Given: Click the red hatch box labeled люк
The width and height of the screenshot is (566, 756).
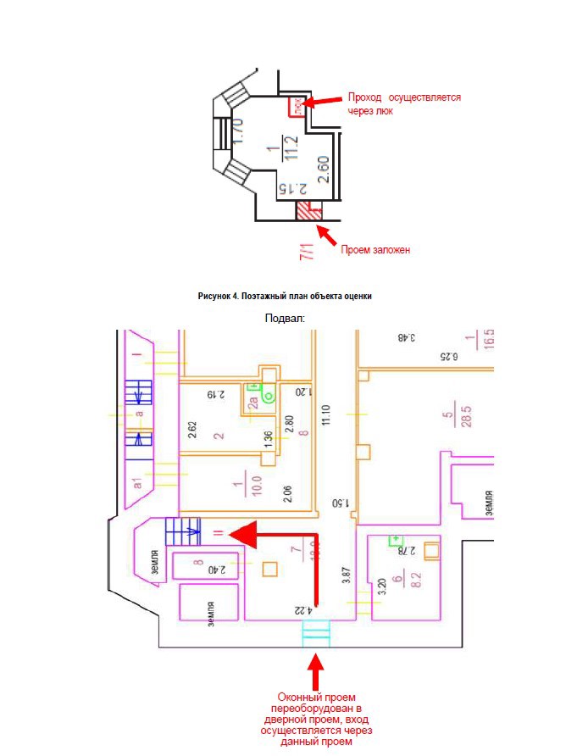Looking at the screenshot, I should pyautogui.click(x=297, y=106).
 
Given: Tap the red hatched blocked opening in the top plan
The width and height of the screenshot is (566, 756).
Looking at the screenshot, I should pyautogui.click(x=308, y=211).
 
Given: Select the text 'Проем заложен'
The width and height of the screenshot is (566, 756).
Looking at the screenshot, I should pyautogui.click(x=375, y=250).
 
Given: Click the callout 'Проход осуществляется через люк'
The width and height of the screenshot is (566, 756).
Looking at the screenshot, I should pyautogui.click(x=403, y=103).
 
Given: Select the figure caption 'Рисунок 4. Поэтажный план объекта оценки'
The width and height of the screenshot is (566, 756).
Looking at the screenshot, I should pyautogui.click(x=285, y=296).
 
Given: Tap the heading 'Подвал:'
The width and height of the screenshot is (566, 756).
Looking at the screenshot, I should pyautogui.click(x=285, y=317).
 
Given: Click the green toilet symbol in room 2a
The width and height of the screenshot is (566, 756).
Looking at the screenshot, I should pyautogui.click(x=269, y=396).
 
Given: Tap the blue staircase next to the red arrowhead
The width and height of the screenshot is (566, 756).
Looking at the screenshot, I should pyautogui.click(x=182, y=533).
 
